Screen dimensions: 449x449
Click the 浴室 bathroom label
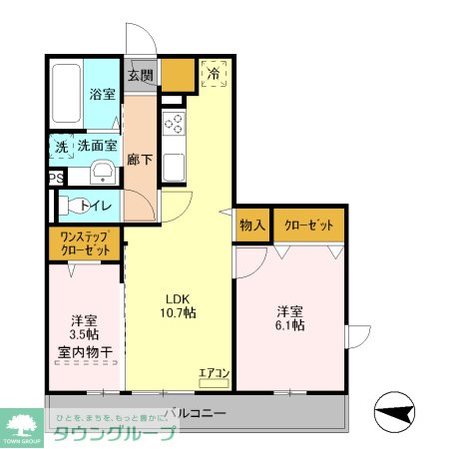[102, 94]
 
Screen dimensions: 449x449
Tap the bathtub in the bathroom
[65, 95]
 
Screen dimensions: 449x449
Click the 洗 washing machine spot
[60, 147]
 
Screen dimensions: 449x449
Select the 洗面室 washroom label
[96, 147]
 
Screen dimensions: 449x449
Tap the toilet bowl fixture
[70, 207]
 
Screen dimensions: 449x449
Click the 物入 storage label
[252, 225]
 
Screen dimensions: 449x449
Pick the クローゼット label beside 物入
[309, 225]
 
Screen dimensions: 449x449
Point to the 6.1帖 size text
[290, 324]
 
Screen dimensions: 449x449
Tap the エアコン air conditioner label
[215, 374]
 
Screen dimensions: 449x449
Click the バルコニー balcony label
[196, 412]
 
